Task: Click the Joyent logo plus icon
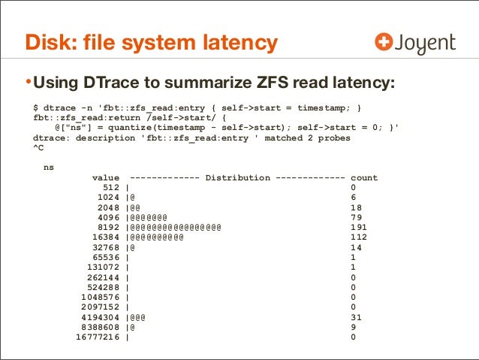click(x=384, y=44)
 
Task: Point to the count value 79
click(x=356, y=217)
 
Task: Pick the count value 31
click(x=356, y=316)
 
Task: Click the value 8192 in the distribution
click(x=109, y=227)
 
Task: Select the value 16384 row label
click(x=106, y=237)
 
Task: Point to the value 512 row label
click(x=112, y=188)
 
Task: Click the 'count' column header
click(x=364, y=178)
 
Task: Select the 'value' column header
click(x=106, y=178)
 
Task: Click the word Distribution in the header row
click(x=237, y=178)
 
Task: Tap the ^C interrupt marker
click(x=38, y=148)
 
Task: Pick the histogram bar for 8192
click(x=174, y=227)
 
